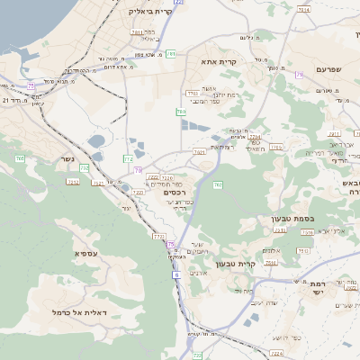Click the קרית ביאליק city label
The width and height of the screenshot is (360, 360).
(x=150, y=12)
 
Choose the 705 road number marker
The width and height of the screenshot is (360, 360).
(x=19, y=159)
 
